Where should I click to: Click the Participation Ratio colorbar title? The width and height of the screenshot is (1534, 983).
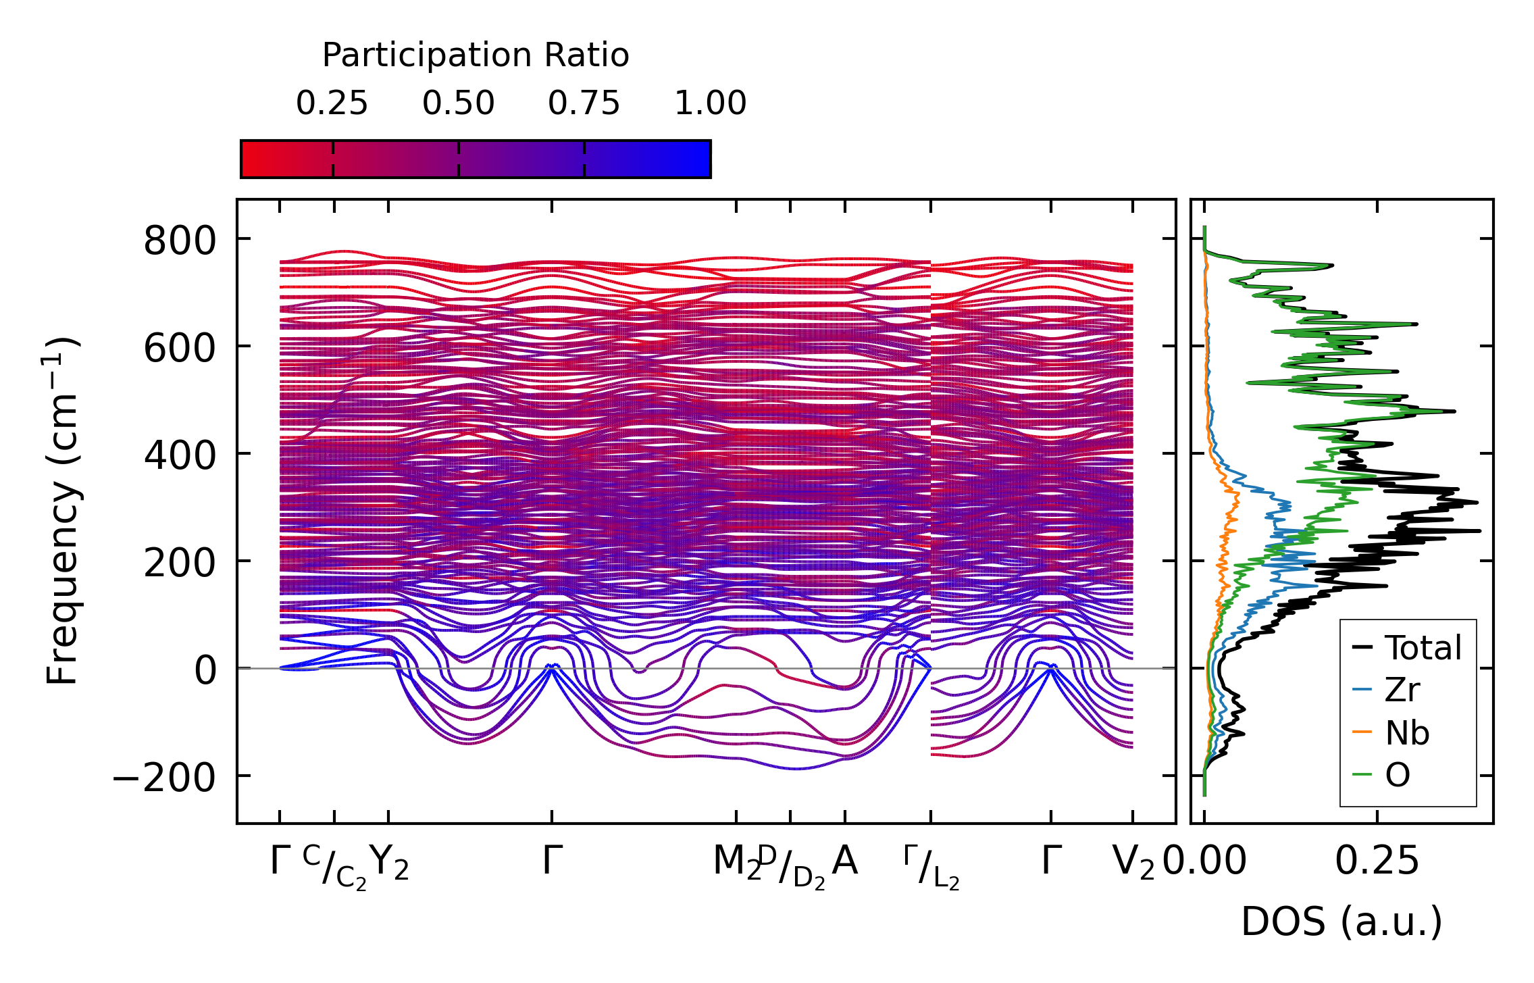tap(476, 55)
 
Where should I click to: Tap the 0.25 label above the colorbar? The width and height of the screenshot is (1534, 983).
tap(332, 103)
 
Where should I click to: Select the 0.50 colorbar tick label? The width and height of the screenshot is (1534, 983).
tap(459, 103)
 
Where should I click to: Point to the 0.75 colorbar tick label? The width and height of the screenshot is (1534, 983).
tap(584, 103)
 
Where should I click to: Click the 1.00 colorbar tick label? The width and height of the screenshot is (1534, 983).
tap(711, 103)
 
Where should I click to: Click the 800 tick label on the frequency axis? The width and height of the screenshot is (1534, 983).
tap(180, 241)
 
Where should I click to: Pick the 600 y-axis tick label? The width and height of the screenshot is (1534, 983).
tap(180, 349)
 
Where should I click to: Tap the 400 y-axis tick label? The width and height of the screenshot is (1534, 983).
tap(180, 455)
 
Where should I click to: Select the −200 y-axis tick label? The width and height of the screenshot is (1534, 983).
tap(164, 778)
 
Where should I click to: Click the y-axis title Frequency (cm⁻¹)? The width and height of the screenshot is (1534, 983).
tap(62, 511)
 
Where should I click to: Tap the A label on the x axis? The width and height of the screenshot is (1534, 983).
tap(845, 861)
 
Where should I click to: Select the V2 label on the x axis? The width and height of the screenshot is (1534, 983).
tap(1133, 863)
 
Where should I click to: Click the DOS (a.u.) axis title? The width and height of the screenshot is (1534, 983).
tap(1341, 922)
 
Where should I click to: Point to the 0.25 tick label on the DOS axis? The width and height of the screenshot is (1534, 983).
tap(1377, 861)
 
